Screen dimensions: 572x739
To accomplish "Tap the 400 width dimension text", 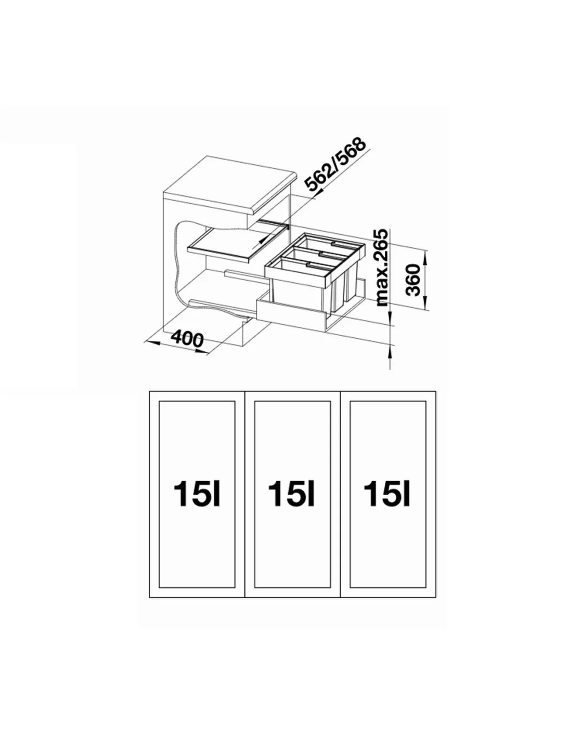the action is pyautogui.click(x=187, y=338).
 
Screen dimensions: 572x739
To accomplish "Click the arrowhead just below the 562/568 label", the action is pyautogui.click(x=318, y=194).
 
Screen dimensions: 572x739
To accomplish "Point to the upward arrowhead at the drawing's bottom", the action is pyautogui.click(x=391, y=350).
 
